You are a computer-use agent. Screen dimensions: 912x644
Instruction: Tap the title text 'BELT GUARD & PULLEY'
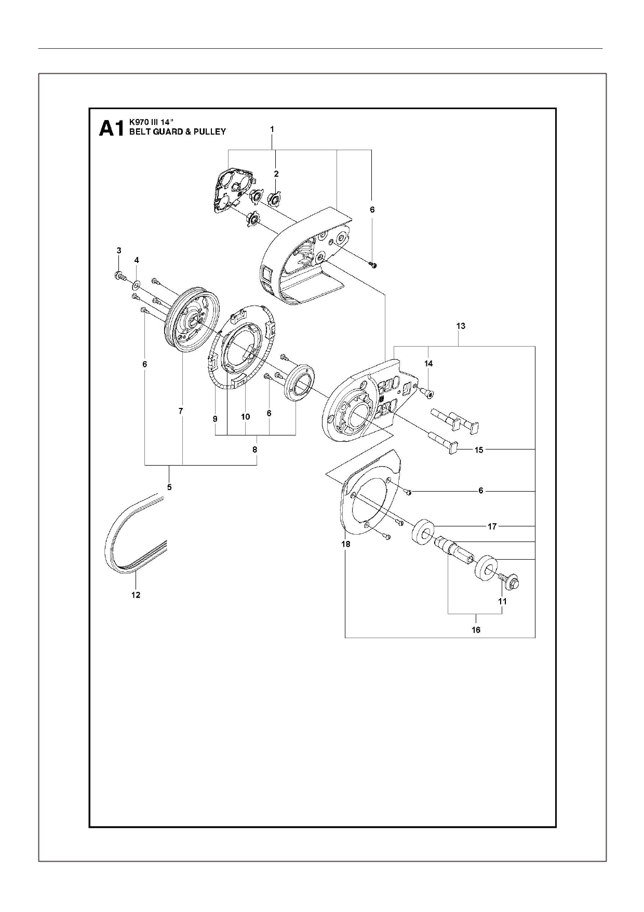tap(177, 132)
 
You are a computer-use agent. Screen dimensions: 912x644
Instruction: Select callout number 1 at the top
tap(272, 128)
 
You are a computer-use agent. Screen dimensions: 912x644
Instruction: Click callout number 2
tap(276, 174)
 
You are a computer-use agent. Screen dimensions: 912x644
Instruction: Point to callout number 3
tap(119, 250)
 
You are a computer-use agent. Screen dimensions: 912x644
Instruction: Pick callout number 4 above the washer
tap(137, 259)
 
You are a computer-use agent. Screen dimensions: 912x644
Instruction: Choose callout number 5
tap(169, 487)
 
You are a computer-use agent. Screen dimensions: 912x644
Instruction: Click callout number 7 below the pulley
tap(181, 411)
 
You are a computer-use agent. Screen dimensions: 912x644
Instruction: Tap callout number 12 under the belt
tap(136, 595)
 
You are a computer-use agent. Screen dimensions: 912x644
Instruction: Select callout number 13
tap(460, 326)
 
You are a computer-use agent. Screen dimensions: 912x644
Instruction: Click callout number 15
tap(479, 450)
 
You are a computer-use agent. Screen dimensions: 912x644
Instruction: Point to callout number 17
tap(492, 526)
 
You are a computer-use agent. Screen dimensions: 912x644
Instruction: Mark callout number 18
tap(345, 544)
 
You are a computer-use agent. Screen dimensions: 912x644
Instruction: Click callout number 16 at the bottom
tap(476, 630)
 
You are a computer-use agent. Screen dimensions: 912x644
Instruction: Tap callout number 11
tap(502, 601)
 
